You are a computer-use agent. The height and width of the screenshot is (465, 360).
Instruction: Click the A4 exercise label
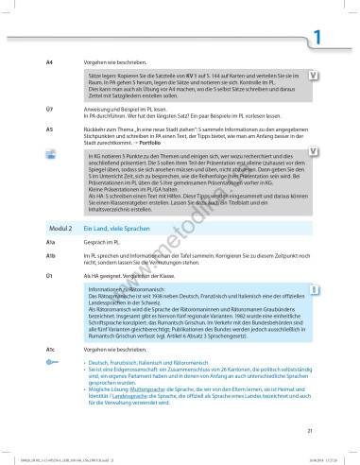click(x=49, y=61)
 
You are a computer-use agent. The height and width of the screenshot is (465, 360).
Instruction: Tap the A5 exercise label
click(x=49, y=127)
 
